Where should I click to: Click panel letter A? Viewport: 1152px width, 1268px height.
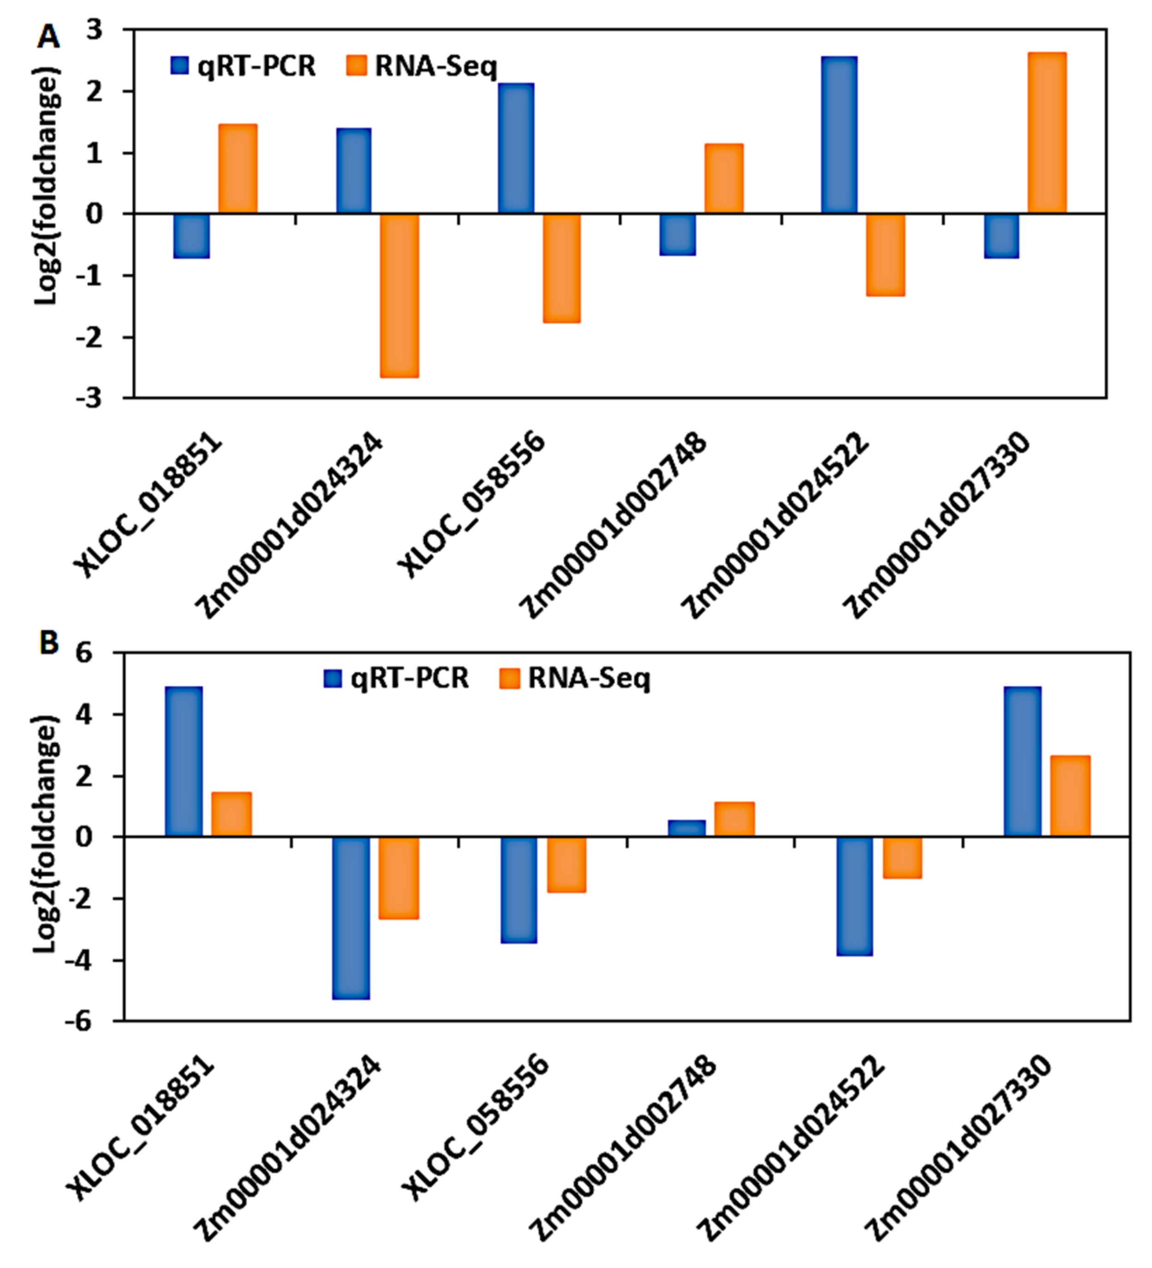(48, 38)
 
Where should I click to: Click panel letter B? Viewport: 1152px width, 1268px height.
(49, 643)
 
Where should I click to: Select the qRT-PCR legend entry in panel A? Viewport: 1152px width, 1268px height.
(243, 66)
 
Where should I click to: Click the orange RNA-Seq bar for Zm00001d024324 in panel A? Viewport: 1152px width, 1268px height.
(399, 296)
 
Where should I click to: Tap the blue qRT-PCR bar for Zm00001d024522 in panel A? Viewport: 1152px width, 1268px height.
(839, 135)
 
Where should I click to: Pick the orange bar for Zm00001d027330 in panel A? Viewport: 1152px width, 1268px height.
(1046, 133)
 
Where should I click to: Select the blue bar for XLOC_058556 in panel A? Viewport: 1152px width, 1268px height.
(516, 148)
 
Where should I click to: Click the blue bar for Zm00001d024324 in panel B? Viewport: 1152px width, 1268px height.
(351, 918)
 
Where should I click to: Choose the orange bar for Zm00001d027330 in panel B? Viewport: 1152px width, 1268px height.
(1069, 796)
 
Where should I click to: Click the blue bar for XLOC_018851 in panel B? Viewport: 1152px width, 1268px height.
(184, 761)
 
